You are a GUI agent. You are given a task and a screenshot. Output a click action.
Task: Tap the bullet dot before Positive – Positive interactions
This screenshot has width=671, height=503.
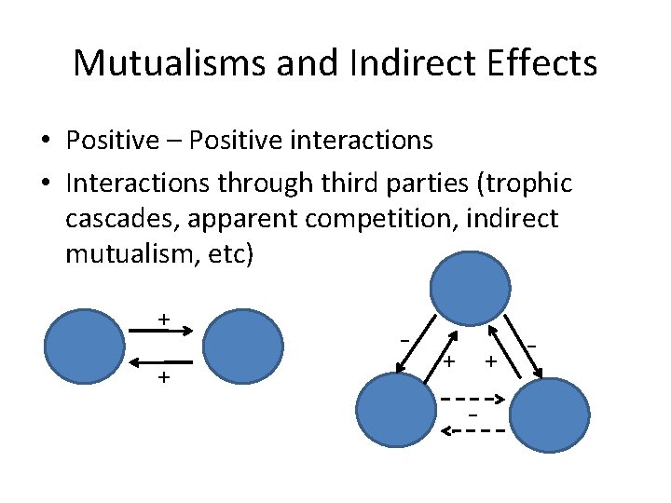click(x=45, y=142)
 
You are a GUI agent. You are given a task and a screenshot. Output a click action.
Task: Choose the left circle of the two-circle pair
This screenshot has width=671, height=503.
click(x=86, y=347)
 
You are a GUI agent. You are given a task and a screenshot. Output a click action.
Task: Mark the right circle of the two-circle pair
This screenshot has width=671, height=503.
click(x=243, y=347)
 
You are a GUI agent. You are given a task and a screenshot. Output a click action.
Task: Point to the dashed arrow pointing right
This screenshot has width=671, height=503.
click(x=474, y=400)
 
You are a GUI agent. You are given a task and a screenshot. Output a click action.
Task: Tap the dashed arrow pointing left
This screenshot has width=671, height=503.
click(x=474, y=431)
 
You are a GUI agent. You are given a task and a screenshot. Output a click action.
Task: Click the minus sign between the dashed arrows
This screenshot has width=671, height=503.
click(x=473, y=415)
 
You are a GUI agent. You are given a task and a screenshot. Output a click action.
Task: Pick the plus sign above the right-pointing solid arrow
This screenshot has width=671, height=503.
click(x=164, y=319)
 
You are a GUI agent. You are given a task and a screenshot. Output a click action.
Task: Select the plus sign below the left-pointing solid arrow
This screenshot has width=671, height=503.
click(x=164, y=377)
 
